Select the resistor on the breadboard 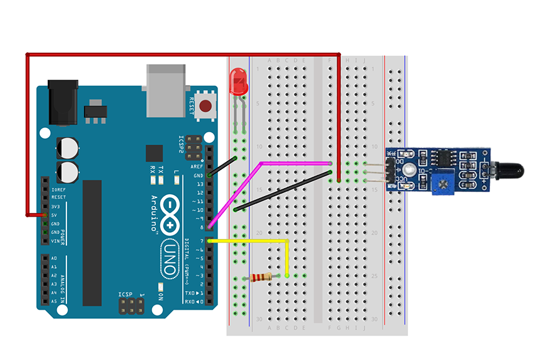click(260, 277)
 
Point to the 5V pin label click(55, 215)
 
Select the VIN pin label click(55, 241)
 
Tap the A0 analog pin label click(54, 258)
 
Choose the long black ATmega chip click(92, 243)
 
